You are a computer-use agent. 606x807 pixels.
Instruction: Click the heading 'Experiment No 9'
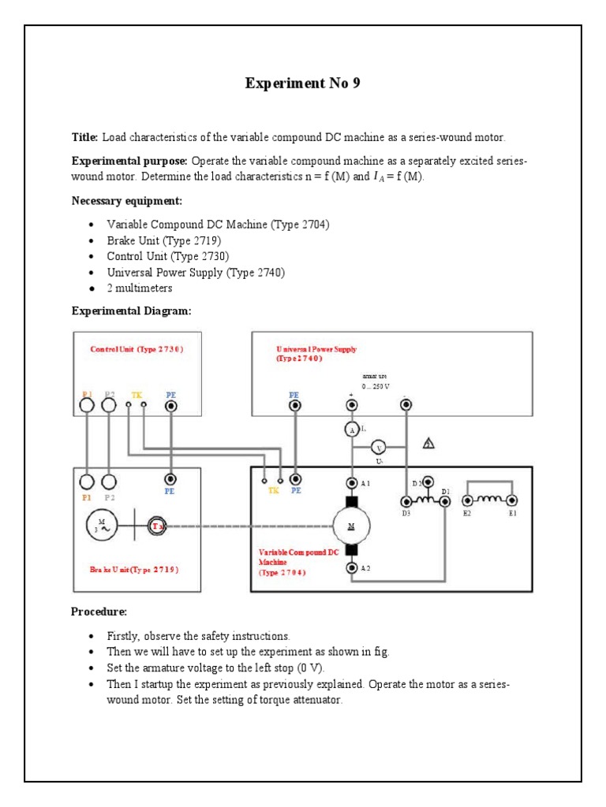click(x=302, y=84)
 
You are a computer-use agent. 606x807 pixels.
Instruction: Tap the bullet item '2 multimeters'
click(x=140, y=288)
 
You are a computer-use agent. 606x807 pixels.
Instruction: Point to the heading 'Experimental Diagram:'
click(x=131, y=311)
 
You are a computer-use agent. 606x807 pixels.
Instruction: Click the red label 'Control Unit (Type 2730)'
click(x=137, y=349)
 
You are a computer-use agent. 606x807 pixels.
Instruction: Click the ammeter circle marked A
click(x=351, y=429)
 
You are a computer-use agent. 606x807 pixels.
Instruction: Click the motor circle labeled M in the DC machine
click(x=350, y=524)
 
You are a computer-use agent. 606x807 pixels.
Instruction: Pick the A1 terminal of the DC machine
click(x=351, y=482)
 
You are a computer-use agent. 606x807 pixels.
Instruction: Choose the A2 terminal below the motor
click(x=351, y=567)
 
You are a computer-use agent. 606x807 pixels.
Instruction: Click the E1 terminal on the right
click(x=512, y=500)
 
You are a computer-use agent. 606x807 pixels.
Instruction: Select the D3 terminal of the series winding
click(x=406, y=501)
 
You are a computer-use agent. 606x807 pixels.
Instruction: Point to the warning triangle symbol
click(x=428, y=444)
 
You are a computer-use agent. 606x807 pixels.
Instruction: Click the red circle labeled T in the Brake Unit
click(x=158, y=526)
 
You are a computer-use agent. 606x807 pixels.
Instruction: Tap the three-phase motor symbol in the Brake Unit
click(x=102, y=525)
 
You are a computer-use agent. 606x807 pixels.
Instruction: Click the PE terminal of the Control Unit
click(x=170, y=405)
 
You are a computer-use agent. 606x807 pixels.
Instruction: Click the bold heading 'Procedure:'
click(x=99, y=612)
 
